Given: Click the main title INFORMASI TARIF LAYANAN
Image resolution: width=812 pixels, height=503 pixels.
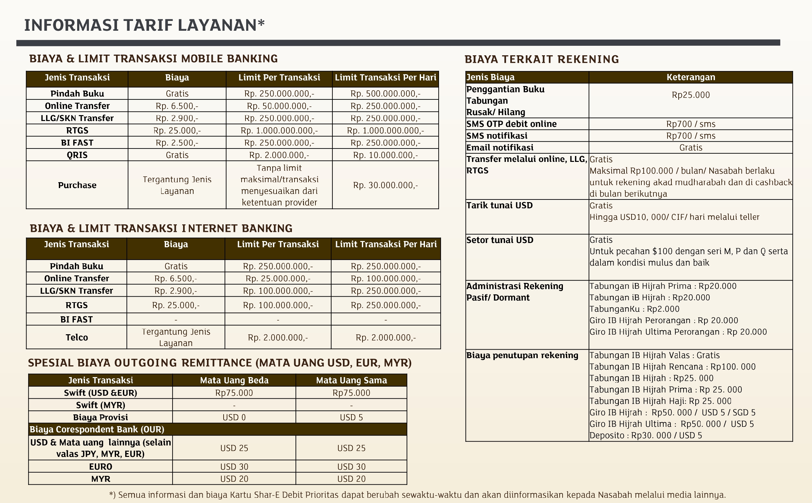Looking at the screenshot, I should [144, 25].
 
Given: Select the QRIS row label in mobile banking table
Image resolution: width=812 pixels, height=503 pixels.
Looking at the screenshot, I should [77, 155].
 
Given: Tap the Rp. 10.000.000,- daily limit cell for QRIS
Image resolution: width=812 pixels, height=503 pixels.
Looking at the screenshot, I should [385, 155].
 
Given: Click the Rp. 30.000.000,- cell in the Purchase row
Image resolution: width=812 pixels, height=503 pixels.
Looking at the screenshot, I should [385, 185].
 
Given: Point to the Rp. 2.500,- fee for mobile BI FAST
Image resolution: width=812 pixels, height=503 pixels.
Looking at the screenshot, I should [177, 143].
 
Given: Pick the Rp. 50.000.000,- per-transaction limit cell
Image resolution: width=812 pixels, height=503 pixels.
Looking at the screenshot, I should [279, 106].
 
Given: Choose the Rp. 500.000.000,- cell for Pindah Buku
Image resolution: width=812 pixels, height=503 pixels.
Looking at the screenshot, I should [385, 94].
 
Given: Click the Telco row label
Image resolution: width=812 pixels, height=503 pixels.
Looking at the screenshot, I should [76, 337].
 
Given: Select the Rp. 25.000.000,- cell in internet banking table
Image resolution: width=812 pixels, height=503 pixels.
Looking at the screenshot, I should [278, 278].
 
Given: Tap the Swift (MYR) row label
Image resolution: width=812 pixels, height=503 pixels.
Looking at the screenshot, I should [100, 405].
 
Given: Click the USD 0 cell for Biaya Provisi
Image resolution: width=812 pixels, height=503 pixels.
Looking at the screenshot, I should [234, 417].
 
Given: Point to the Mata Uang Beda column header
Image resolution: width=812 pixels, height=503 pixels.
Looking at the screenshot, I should [234, 380].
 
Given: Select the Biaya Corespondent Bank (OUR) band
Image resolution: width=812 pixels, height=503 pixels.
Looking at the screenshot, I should [217, 429].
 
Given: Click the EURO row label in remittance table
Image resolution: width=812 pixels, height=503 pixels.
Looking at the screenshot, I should [100, 466].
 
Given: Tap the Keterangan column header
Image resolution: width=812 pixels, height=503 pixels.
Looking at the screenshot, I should [690, 77].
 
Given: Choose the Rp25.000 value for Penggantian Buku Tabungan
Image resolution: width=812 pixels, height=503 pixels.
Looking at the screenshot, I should [690, 95].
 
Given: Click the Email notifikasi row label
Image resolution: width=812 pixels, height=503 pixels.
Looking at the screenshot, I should [499, 147].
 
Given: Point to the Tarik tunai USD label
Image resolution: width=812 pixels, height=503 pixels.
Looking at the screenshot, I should [499, 205].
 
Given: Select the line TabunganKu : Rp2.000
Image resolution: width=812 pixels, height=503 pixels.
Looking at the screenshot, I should [634, 309].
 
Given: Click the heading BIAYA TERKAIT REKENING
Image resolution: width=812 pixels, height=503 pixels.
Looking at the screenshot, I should [541, 59].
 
